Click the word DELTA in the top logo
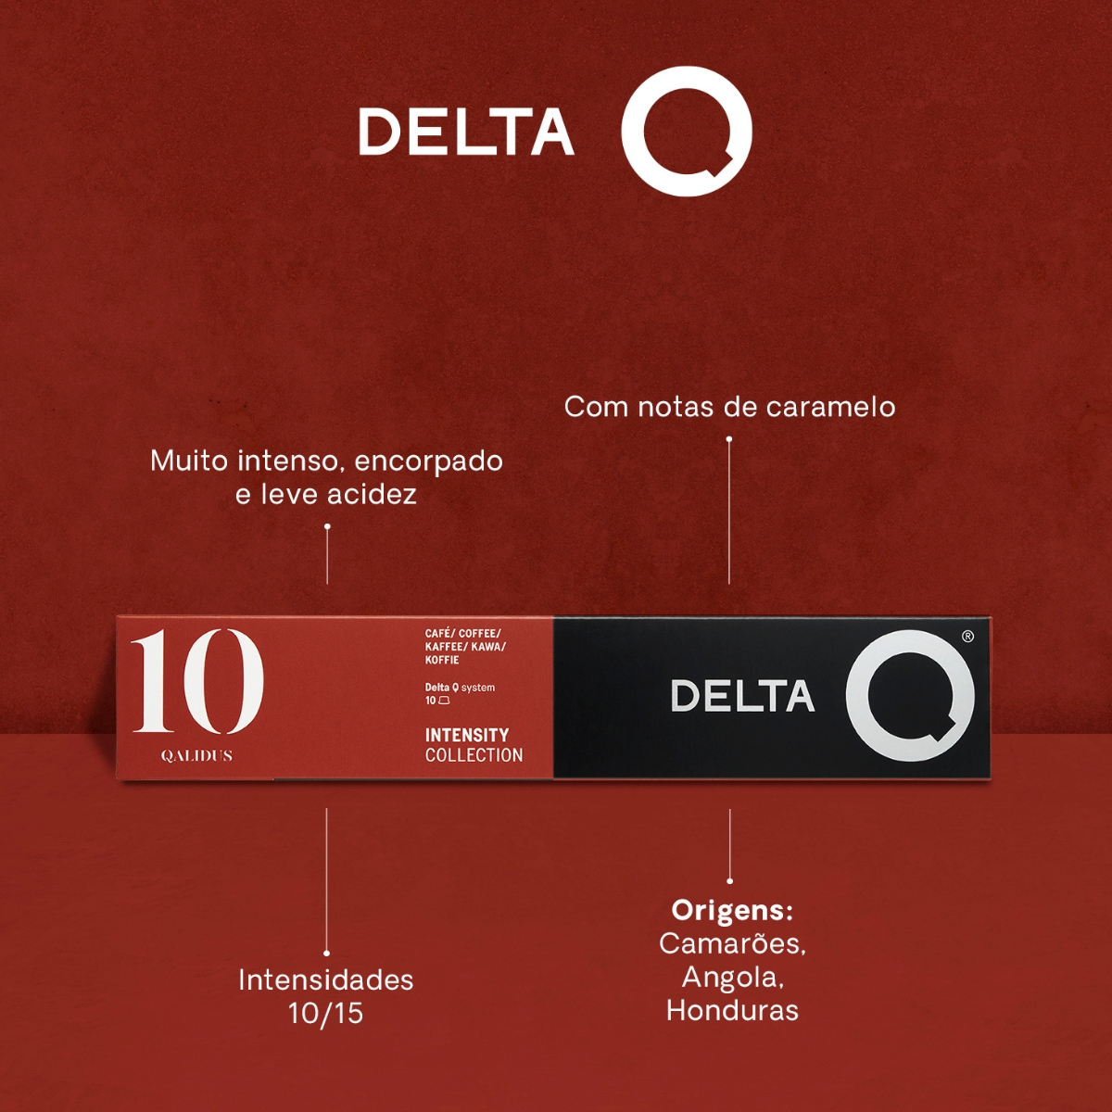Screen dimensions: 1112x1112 coord(465,132)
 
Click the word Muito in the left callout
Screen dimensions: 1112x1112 coord(189,461)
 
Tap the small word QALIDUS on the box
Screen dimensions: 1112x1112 coord(196,756)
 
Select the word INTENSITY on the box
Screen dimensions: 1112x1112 coord(466,735)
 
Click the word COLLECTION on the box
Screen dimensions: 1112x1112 coord(474,755)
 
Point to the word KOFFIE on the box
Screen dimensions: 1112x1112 coord(442,660)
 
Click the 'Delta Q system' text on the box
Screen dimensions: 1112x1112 coord(460,688)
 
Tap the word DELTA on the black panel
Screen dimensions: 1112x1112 coord(741,697)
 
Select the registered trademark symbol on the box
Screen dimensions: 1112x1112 coord(967,637)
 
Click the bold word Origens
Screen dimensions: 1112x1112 coord(732,910)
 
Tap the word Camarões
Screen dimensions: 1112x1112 coord(732,943)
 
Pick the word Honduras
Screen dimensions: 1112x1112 coord(732,1010)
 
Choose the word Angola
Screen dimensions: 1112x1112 coord(732,977)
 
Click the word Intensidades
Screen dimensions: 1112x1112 coord(325,979)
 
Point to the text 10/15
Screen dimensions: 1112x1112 coord(325,1013)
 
